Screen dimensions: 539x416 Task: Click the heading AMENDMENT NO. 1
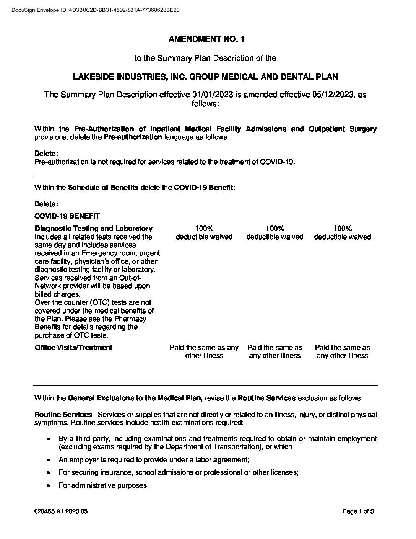(205, 39)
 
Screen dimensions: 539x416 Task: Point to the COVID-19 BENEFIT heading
(67, 216)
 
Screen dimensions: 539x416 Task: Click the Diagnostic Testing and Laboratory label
(93, 229)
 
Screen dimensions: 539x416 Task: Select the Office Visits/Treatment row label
(73, 348)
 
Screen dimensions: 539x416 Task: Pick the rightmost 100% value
(342, 229)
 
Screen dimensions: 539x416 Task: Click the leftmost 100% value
(204, 229)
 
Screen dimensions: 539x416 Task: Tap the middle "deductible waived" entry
(275, 237)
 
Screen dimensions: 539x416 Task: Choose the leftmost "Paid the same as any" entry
(204, 348)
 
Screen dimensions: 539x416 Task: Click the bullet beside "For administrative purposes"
(48, 486)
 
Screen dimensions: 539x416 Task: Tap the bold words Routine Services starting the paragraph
(63, 415)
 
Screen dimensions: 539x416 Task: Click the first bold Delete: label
(46, 154)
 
